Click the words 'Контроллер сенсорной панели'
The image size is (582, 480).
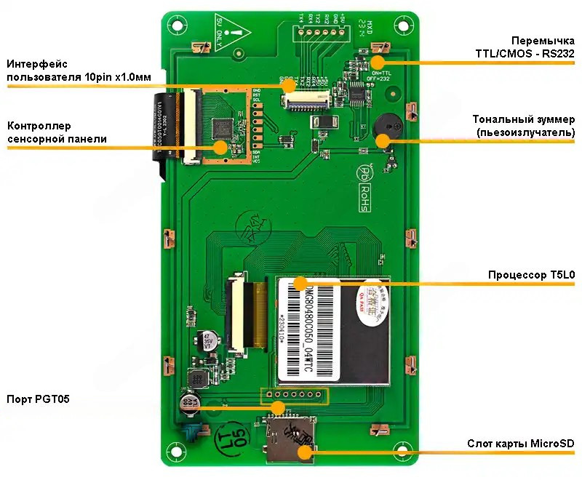coord(57,132)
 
